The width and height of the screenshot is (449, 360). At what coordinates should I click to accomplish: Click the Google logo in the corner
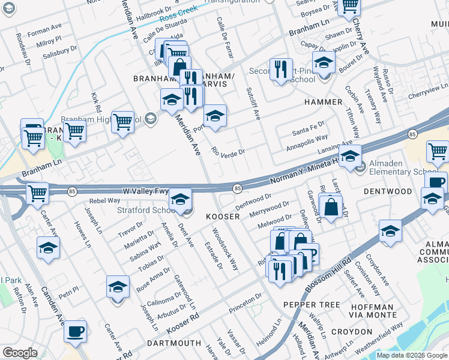[x=20, y=353]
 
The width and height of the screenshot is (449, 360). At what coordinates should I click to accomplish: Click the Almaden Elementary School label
[x=405, y=172]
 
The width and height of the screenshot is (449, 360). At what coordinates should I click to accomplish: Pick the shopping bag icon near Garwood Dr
[x=331, y=208]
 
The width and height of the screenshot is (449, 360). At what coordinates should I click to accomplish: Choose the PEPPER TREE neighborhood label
[x=312, y=305]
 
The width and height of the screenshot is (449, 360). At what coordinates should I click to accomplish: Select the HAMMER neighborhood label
[x=323, y=102]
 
